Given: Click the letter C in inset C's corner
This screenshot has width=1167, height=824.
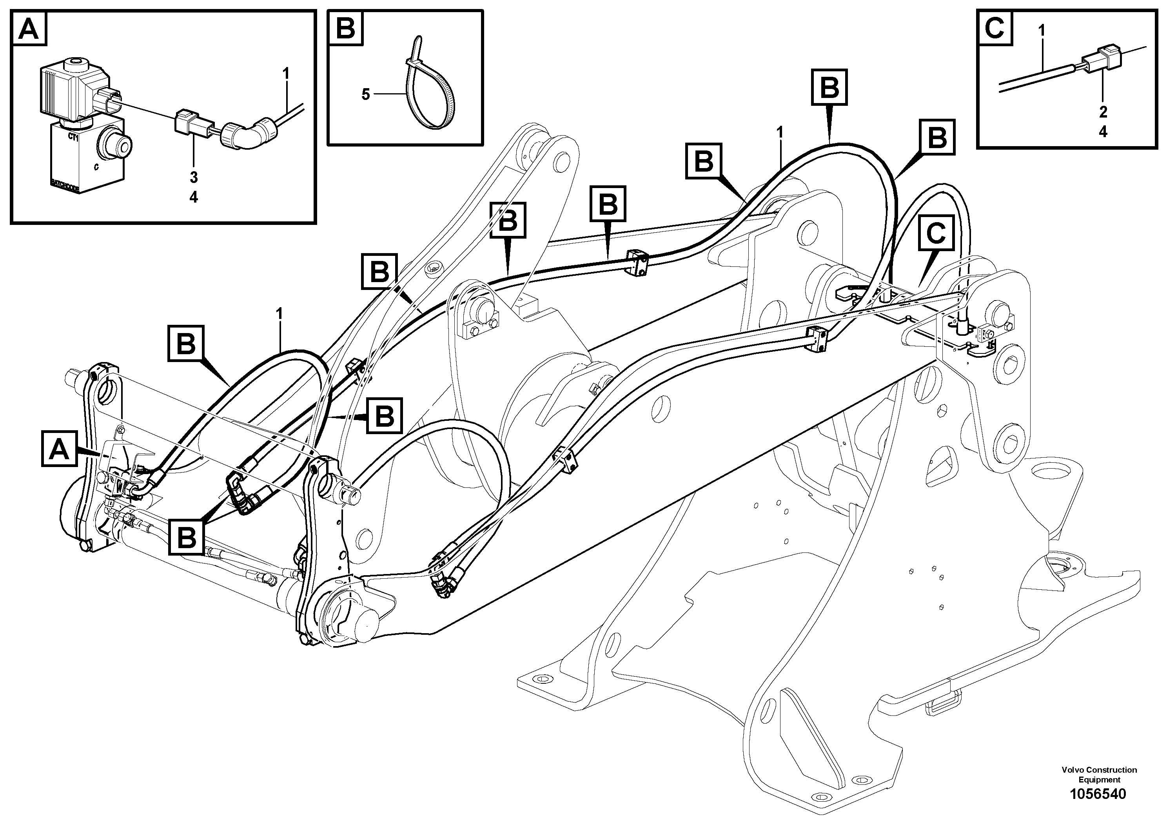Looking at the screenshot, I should [x=995, y=28].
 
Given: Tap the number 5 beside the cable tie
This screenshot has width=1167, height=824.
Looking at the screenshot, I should [x=365, y=94].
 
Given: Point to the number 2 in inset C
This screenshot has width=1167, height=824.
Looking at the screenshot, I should [x=1102, y=112].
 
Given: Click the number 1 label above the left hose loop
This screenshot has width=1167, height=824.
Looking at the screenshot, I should [x=279, y=313].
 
